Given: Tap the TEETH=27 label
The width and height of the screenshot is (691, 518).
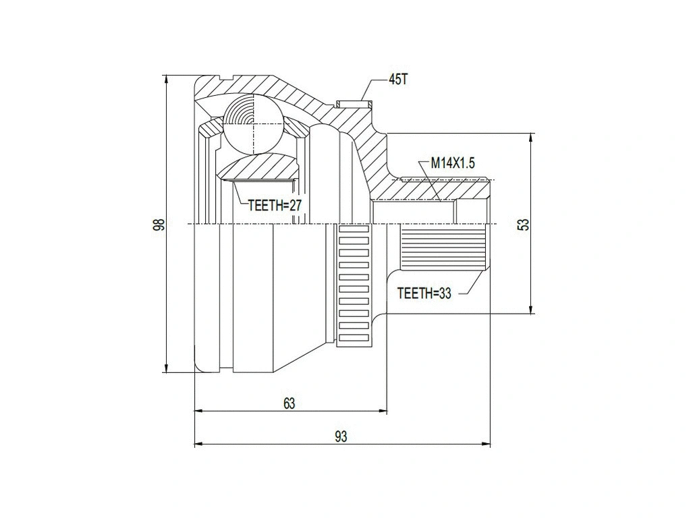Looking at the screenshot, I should [x=273, y=206].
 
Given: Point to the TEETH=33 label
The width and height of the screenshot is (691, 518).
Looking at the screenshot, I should [x=423, y=293].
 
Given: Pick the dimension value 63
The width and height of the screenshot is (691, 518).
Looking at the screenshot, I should [x=289, y=403].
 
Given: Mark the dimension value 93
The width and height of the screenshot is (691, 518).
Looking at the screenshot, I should [x=341, y=437].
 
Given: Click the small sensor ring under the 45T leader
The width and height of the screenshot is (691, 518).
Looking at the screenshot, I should [x=354, y=103].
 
